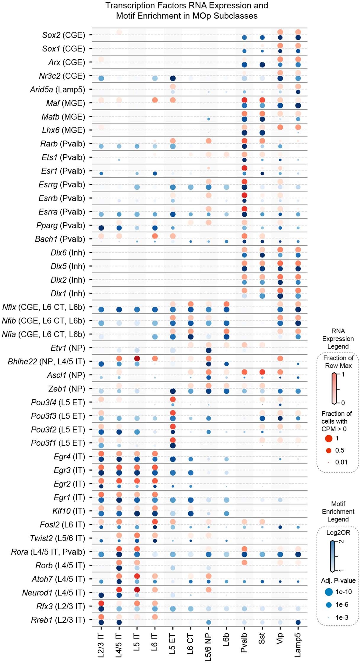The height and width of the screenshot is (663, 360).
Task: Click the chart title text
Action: click(x=187, y=10)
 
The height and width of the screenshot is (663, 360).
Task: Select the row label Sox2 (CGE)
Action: click(x=64, y=35)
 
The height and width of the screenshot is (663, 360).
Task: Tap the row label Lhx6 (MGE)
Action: click(x=63, y=130)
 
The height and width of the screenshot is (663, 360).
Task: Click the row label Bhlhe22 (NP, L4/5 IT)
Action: click(x=46, y=362)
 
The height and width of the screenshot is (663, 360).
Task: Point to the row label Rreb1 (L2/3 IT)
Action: click(x=58, y=620)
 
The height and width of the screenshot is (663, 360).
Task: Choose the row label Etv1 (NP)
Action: click(x=68, y=348)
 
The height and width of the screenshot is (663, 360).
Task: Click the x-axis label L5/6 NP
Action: click(x=208, y=647)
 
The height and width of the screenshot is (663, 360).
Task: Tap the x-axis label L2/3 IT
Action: click(x=101, y=645)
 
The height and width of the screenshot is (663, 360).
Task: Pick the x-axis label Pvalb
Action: click(x=244, y=643)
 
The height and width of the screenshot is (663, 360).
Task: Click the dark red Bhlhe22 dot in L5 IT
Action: click(x=137, y=358)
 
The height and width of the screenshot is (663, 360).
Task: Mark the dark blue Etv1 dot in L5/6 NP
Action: click(x=208, y=350)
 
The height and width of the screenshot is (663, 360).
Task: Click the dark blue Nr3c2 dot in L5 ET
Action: click(x=173, y=78)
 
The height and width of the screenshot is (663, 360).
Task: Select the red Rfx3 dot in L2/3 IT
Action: click(x=101, y=603)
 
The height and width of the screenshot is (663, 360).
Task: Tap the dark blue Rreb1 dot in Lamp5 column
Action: click(x=298, y=622)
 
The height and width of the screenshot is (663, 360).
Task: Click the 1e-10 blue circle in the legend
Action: click(x=329, y=592)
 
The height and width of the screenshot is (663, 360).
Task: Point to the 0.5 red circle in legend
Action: click(x=329, y=450)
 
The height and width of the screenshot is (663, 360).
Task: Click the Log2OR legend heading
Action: click(x=338, y=533)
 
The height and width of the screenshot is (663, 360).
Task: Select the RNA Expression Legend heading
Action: click(x=338, y=339)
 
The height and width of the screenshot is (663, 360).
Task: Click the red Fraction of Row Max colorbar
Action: click(x=334, y=389)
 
